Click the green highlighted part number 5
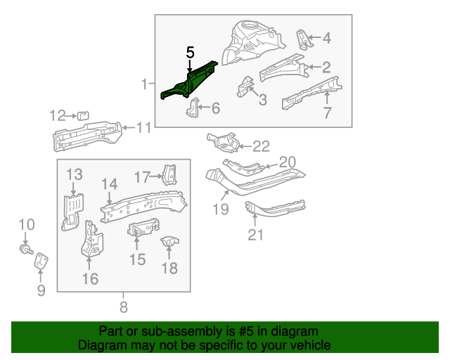pyautogui.click(x=188, y=81)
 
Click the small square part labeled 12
pyautogui.click(x=82, y=115)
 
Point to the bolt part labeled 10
pyautogui.click(x=26, y=247)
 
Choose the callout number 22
pyautogui.click(x=261, y=146)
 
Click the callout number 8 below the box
pyautogui.click(x=124, y=307)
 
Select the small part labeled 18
pyautogui.click(x=169, y=245)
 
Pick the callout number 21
pyautogui.click(x=255, y=234)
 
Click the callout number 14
pyautogui.click(x=108, y=184)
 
